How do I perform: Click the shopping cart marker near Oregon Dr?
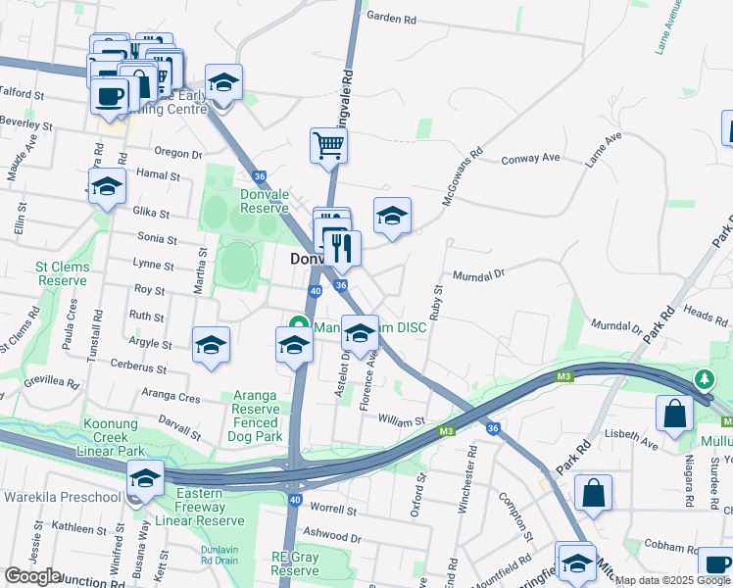pos(328,146)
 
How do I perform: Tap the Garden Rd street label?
pos(391,19)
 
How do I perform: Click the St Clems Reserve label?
pos(63,273)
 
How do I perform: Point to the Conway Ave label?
pos(530,158)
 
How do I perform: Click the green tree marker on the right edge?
pos(703,378)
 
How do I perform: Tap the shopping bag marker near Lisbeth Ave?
pos(675,415)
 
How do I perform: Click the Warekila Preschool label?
pos(62,497)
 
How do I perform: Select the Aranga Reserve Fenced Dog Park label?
pos(257,416)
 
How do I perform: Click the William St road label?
pos(400,420)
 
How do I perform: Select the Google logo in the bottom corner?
pos(32,575)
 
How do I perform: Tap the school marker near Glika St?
pos(107,187)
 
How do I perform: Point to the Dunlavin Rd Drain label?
pos(219,555)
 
